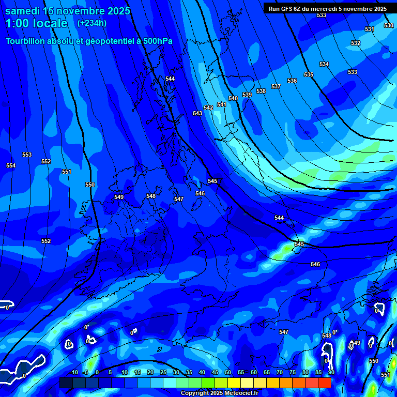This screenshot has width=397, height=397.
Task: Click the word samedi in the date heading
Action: click(x=23, y=11)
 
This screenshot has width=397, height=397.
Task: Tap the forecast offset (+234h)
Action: click(x=92, y=23)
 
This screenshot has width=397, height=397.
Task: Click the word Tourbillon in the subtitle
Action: click(x=27, y=41)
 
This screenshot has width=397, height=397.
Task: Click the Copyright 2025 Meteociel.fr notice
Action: click(x=220, y=393)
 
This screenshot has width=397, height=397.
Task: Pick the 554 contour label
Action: click(x=11, y=165)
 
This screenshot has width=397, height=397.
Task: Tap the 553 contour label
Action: click(x=27, y=155)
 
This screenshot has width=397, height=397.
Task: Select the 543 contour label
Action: click(x=197, y=113)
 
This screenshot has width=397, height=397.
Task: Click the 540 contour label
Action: click(x=233, y=98)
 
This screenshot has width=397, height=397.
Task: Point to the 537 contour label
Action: click(x=276, y=86)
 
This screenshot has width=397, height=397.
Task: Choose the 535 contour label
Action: click(x=309, y=75)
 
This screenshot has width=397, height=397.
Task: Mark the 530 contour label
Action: click(x=389, y=25)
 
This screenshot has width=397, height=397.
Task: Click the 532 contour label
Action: click(x=356, y=43)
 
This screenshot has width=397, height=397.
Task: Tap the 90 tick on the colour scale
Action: click(x=331, y=372)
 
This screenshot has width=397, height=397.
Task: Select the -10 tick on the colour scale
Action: click(x=74, y=372)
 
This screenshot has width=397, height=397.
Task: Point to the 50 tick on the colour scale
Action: click(x=228, y=372)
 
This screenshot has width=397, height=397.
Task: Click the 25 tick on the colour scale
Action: click(x=163, y=372)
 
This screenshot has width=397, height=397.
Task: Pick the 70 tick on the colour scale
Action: click(x=280, y=372)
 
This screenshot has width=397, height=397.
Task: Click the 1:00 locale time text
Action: click(x=36, y=23)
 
